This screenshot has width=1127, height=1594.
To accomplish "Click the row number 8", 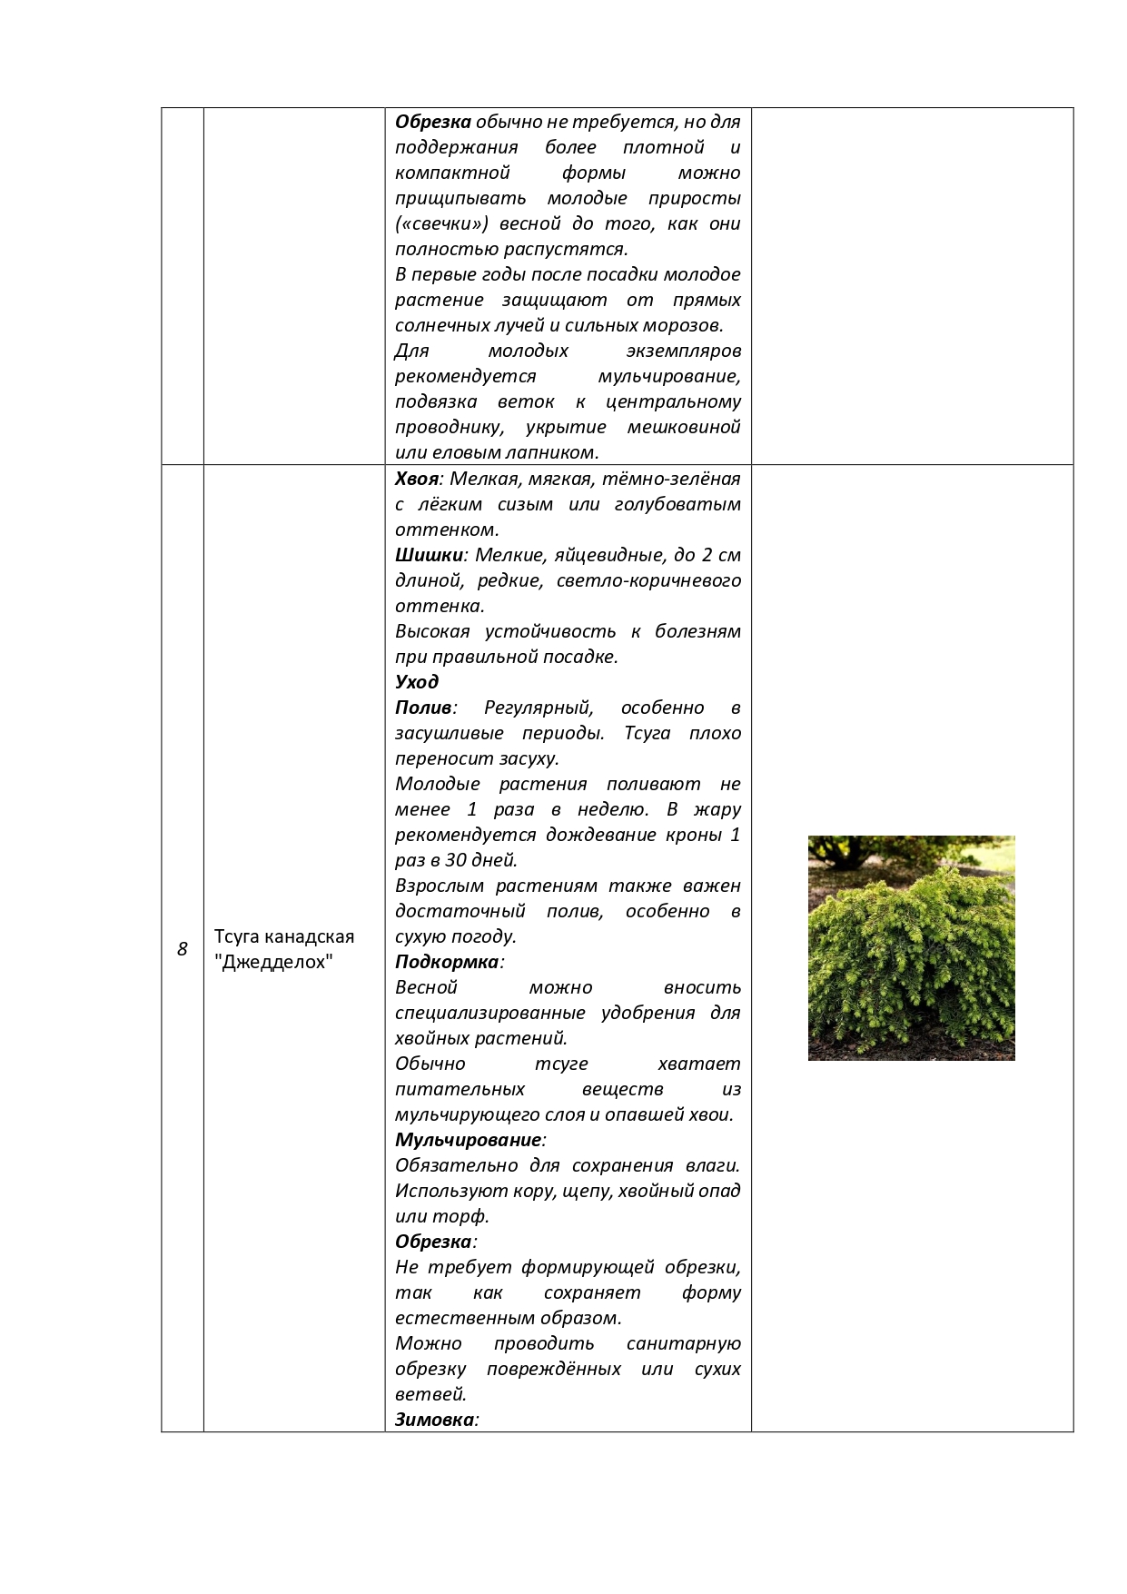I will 182,949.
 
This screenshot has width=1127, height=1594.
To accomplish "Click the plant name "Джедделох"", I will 274,962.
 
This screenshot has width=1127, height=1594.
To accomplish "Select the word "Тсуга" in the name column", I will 239,936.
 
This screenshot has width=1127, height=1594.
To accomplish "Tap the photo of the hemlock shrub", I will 911,947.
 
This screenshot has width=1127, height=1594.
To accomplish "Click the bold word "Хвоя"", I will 417,479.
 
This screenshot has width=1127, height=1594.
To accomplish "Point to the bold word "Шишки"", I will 429,555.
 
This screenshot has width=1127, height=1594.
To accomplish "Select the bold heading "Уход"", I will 417,682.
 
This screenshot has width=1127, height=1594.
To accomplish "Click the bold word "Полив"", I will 423,708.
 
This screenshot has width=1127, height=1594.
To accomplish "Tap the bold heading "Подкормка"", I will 447,962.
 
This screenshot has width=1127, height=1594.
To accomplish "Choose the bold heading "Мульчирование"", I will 468,1140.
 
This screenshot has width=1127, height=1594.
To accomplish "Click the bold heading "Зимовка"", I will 434,1420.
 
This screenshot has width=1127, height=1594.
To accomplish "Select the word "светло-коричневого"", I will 648,580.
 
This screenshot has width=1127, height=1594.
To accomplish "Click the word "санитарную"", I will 683,1343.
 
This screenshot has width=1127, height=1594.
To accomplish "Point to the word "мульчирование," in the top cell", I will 668,376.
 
